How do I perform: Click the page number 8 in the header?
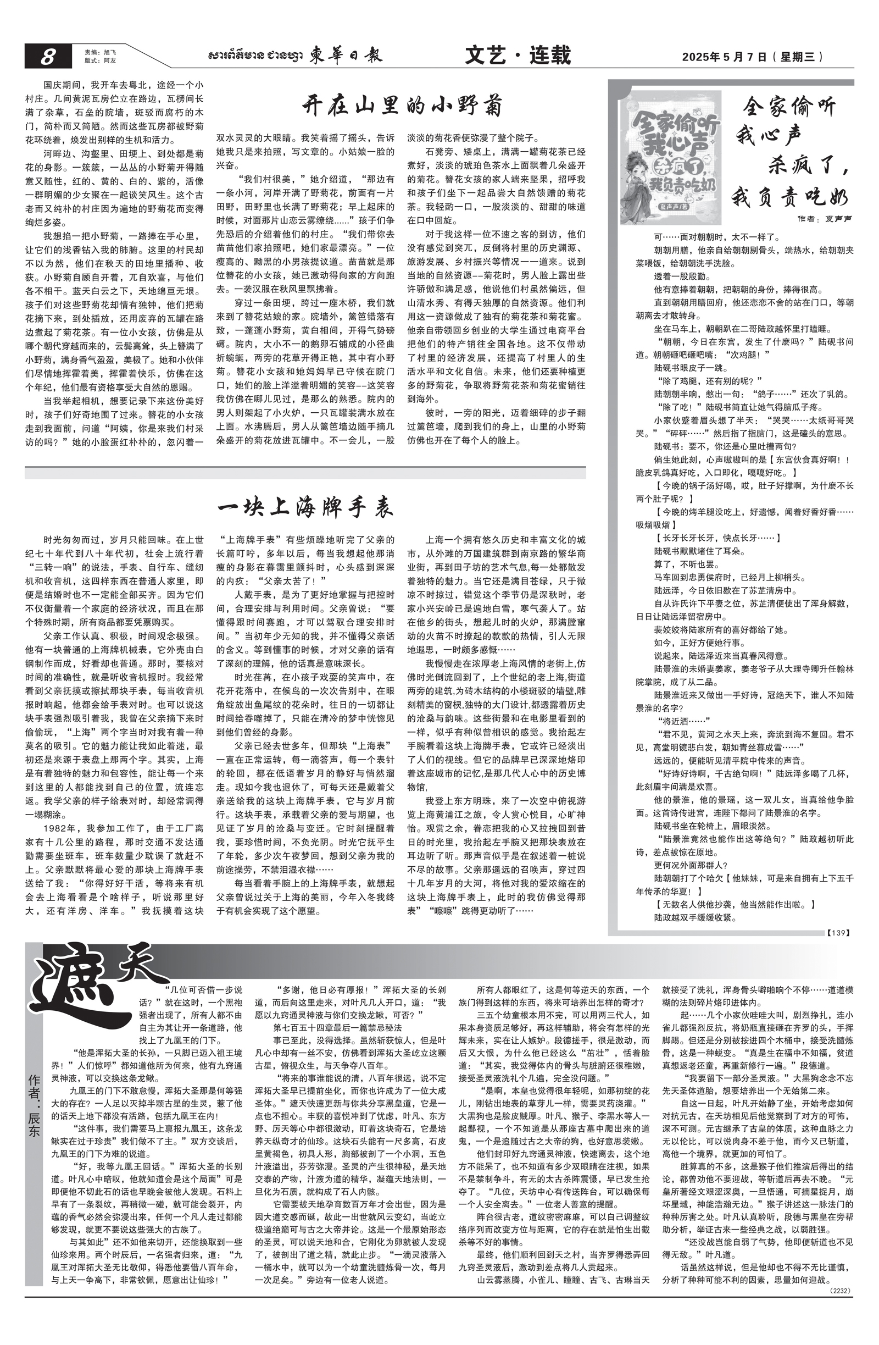click(x=47, y=57)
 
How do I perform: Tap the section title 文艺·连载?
click(x=518, y=56)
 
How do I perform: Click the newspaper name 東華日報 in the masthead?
click(x=346, y=56)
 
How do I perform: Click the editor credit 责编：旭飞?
click(x=96, y=52)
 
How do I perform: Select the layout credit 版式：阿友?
click(x=96, y=60)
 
